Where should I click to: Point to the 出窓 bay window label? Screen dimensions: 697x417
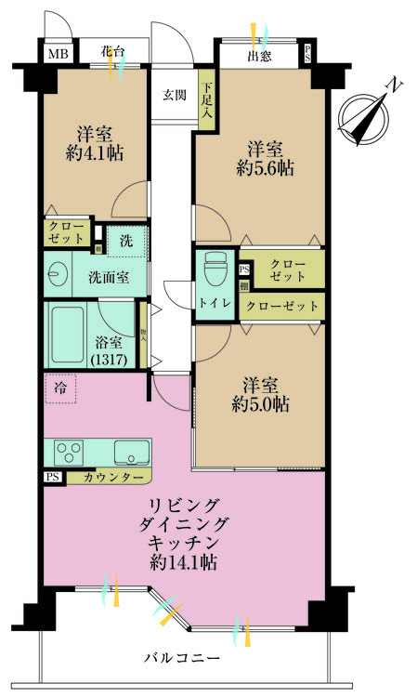pos(259,56)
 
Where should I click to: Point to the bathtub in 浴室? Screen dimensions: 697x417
pos(68,335)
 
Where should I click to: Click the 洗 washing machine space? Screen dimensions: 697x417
pos(124,240)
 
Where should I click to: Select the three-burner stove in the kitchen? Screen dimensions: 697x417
pos(70,453)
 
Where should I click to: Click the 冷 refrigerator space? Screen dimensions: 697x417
pos(59,388)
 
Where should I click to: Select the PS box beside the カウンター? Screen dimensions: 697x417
pos(51,478)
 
